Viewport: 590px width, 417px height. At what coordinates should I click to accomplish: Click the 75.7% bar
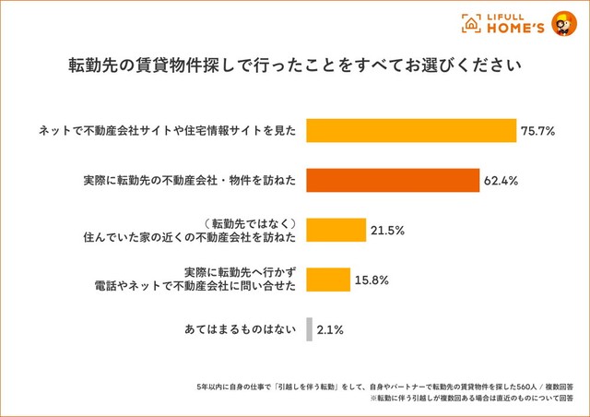(410, 131)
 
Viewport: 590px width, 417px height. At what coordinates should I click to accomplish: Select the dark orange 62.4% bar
(392, 180)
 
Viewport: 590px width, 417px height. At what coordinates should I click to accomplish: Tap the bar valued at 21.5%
(335, 230)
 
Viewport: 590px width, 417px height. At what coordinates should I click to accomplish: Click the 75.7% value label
(537, 131)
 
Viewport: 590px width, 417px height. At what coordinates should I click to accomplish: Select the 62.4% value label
(501, 181)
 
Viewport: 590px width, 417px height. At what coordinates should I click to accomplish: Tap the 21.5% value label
(388, 230)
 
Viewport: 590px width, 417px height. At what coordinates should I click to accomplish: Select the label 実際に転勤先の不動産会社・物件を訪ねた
(188, 181)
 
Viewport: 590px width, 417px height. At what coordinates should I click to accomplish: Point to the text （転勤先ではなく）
(249, 222)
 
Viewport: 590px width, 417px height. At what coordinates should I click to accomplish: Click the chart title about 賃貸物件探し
(294, 66)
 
